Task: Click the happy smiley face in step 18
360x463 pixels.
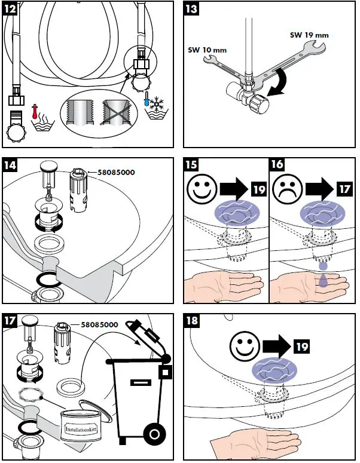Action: click(x=242, y=346)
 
